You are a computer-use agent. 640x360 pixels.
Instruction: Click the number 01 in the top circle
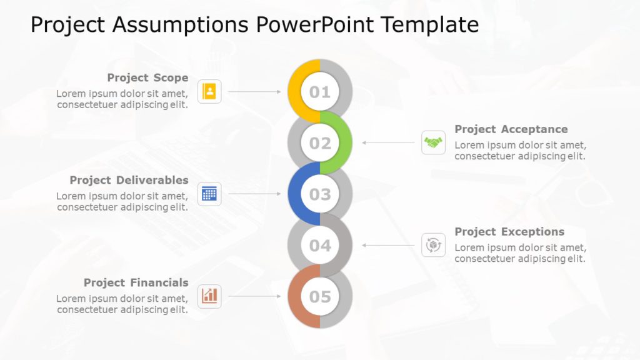point(320,92)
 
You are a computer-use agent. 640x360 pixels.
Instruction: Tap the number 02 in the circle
point(320,143)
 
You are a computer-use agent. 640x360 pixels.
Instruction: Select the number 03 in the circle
point(320,194)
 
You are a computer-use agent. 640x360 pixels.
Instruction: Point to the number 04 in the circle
point(320,246)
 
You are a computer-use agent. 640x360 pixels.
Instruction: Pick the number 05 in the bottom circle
point(320,296)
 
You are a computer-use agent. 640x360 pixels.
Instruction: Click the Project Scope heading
point(147,77)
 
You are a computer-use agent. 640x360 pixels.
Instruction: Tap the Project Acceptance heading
point(511,129)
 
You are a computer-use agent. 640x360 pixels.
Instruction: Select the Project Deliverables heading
point(129,180)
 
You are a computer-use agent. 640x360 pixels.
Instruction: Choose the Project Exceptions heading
point(509,232)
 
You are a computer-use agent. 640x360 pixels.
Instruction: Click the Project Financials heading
point(136,282)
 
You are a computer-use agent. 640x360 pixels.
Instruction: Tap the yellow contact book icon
point(209,92)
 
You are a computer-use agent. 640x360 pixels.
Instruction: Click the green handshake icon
point(433,143)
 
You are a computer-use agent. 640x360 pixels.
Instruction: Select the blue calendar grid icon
point(209,194)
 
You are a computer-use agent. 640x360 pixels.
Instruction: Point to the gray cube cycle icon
point(433,245)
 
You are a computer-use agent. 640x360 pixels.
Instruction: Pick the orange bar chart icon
point(209,296)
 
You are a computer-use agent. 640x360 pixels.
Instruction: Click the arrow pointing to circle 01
point(254,92)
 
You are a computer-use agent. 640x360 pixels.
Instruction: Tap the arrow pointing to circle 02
point(387,143)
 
